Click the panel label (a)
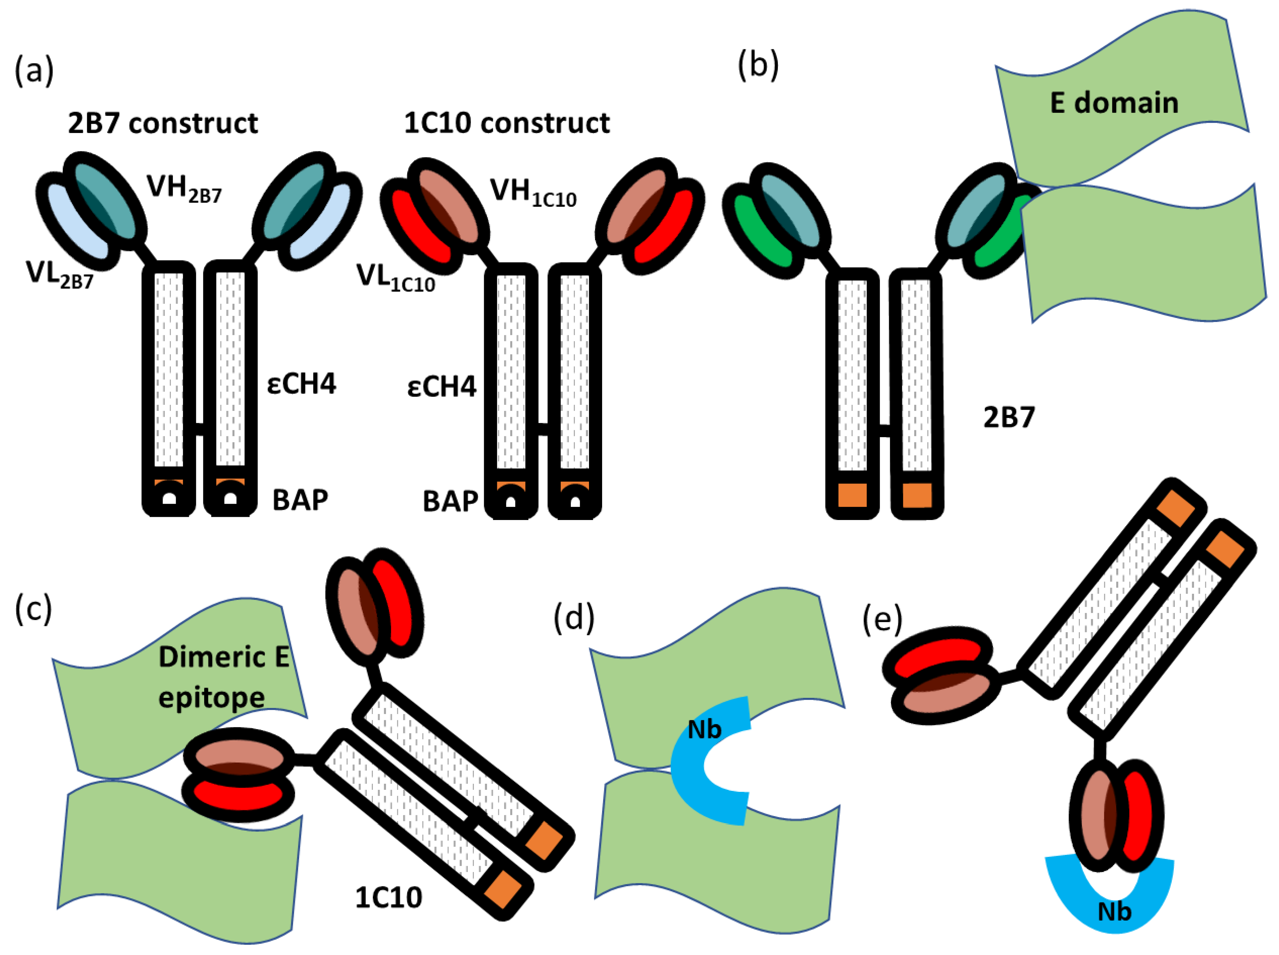[34, 71]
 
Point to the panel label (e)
[882, 620]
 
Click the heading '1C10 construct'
[506, 123]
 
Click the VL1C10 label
[395, 278]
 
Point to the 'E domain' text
[1114, 103]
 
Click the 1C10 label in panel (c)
[388, 897]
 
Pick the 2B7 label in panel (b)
[1009, 417]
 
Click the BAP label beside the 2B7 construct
[300, 500]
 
